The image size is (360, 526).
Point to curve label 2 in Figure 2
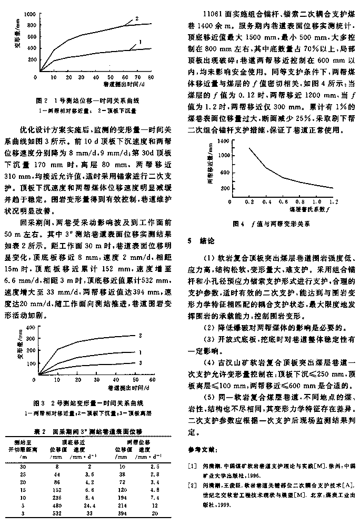coord(137,18)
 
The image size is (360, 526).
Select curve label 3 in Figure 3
coord(140,363)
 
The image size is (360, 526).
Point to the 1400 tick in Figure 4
coord(223,141)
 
